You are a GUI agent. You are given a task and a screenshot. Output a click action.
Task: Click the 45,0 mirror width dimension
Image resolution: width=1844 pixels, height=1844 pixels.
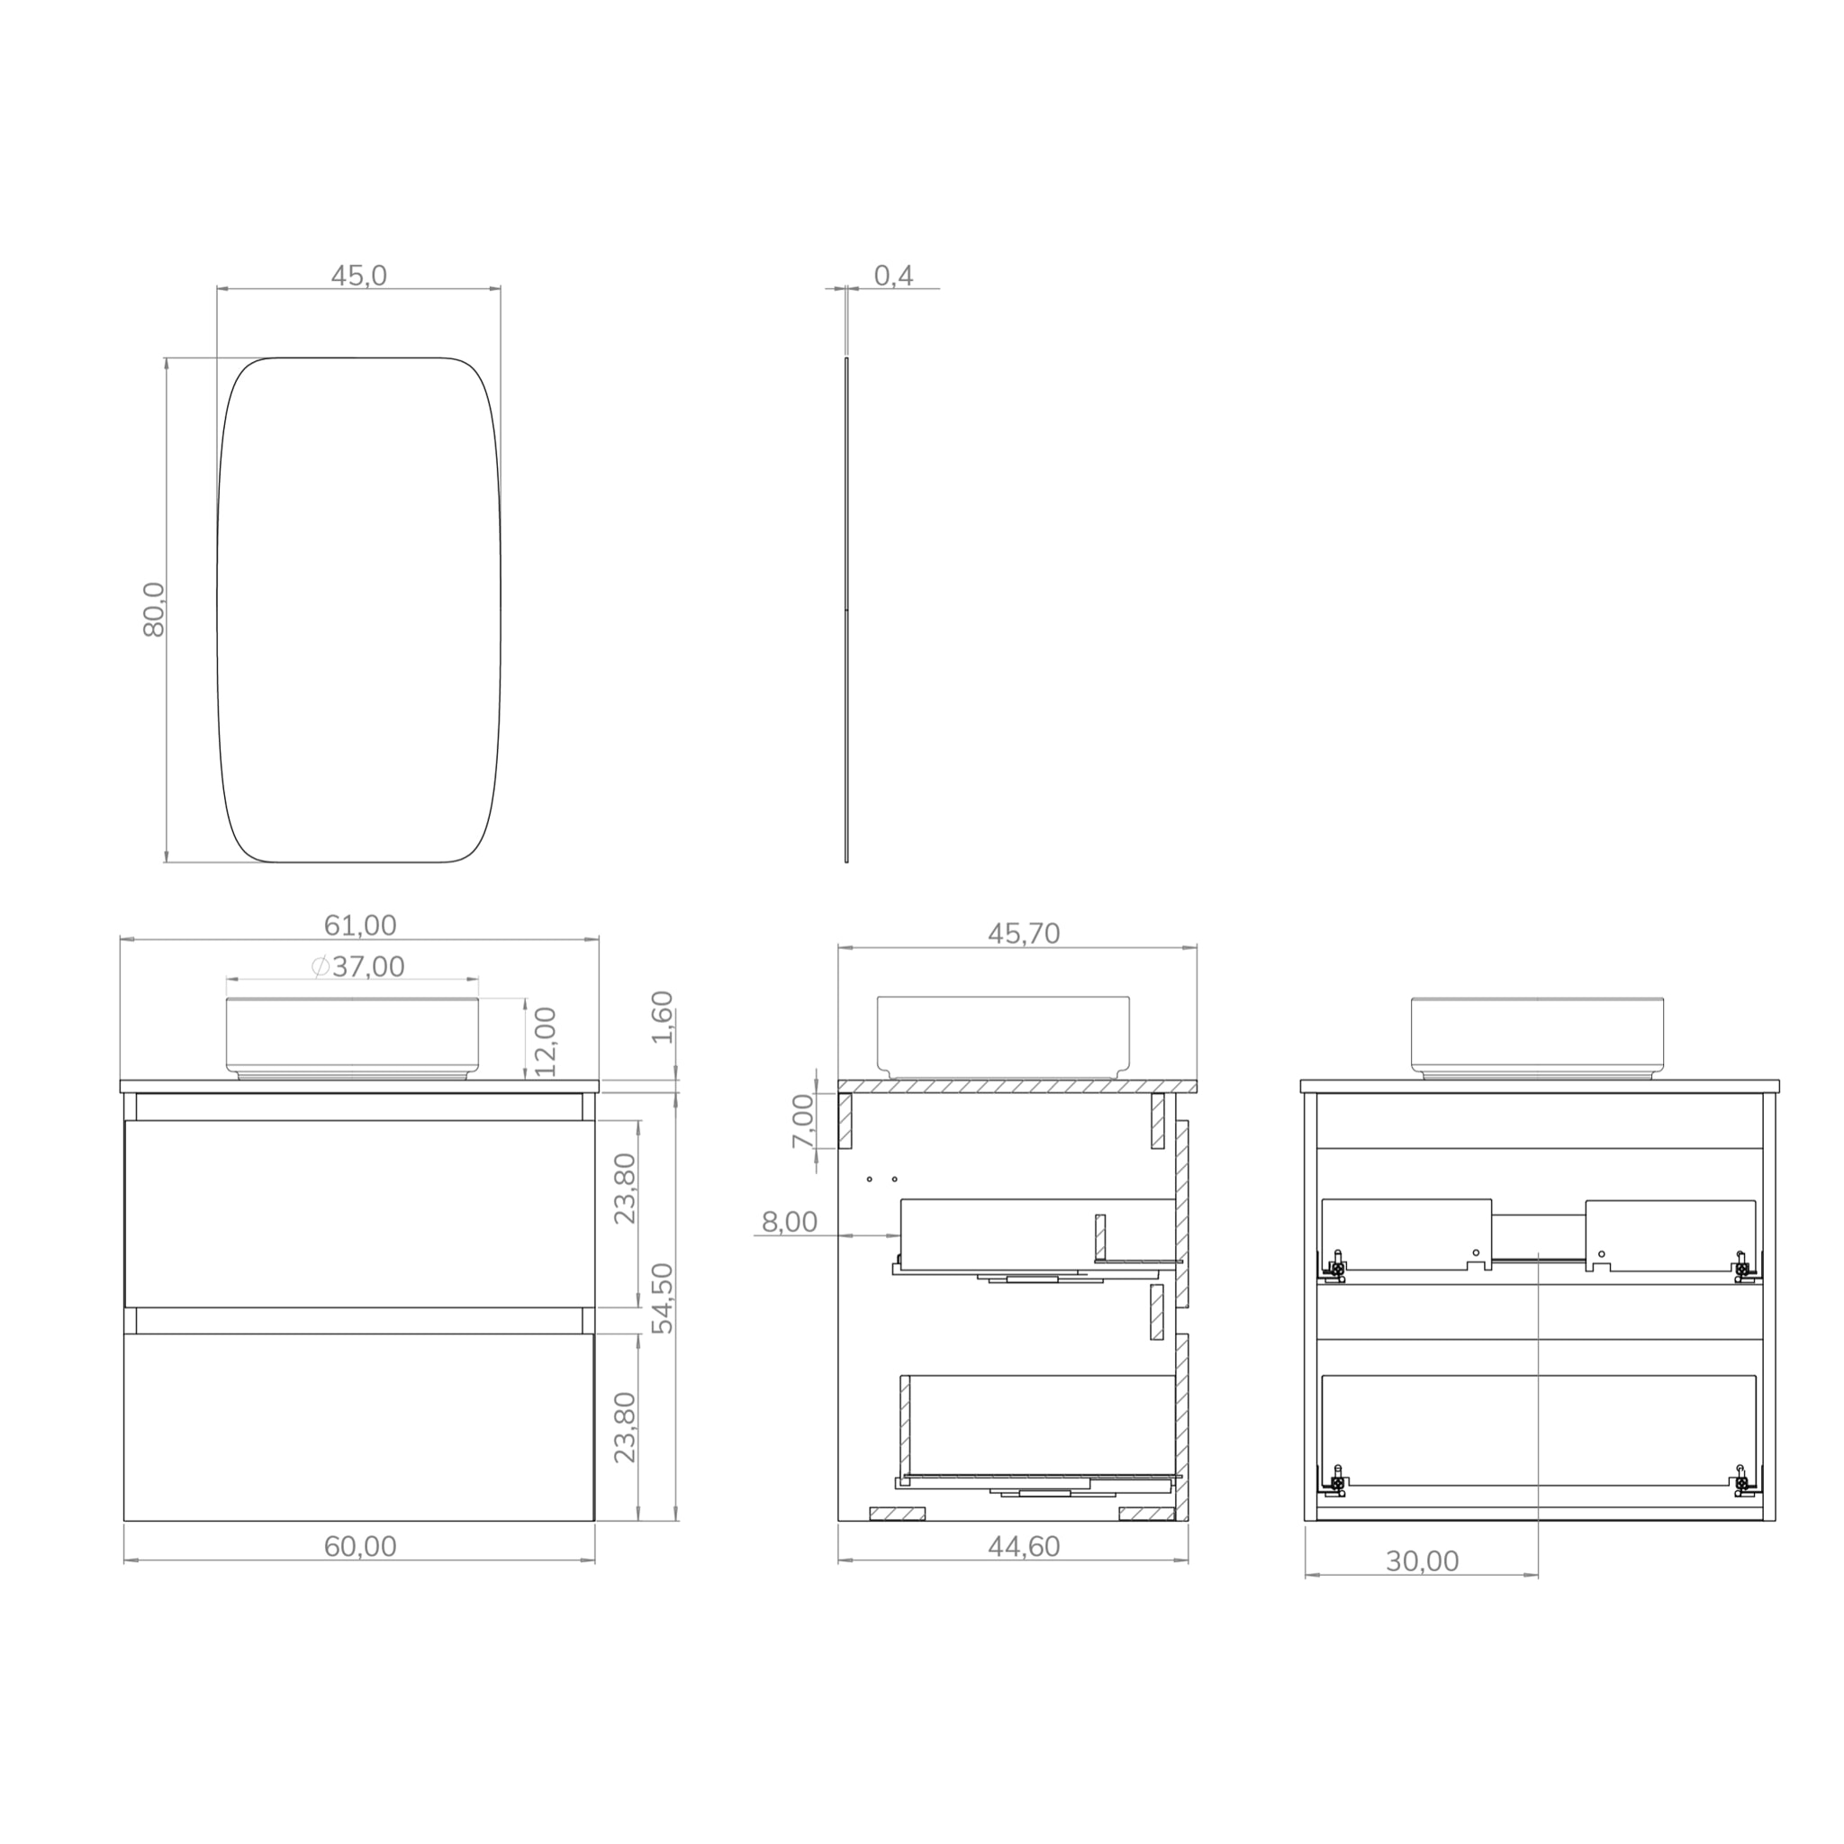pos(359,276)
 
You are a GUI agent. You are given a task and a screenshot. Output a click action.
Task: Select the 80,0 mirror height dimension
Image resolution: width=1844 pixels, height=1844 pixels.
pos(154,609)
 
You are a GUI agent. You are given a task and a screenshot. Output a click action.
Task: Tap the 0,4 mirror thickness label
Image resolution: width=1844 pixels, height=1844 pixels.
pos(893,276)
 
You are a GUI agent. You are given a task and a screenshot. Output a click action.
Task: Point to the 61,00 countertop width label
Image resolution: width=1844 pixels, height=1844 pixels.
pos(360,925)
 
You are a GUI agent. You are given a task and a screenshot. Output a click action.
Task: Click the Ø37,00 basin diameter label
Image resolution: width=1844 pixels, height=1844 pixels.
pos(359,967)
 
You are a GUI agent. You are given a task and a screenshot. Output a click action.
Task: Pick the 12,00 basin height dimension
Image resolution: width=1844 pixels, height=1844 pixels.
pos(546,1042)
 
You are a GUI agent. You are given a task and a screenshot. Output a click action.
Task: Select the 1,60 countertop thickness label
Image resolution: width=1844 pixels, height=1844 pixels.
pos(664,1017)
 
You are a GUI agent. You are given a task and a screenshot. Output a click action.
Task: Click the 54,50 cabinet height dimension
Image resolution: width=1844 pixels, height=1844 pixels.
pos(664,1298)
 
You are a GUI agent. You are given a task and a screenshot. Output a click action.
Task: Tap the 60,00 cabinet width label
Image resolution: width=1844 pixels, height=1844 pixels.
pos(360,1546)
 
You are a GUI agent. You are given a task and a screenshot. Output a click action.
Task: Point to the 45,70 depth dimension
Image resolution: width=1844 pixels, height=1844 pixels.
pos(1023,934)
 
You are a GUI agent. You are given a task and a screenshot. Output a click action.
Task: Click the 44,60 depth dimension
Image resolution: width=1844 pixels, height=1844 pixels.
pos(1023,1546)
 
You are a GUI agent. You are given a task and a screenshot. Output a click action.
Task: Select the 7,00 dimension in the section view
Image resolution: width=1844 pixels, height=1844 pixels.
pos(804,1122)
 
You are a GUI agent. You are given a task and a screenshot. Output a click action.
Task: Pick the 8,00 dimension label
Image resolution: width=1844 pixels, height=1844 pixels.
pos(790,1222)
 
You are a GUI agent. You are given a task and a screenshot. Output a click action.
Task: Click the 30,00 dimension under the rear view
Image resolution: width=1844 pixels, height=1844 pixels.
pos(1422,1561)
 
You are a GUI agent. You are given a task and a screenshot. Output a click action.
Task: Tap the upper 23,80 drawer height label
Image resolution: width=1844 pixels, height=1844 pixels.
pos(625,1189)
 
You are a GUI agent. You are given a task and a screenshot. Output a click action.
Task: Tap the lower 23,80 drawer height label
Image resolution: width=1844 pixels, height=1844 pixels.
pos(625,1428)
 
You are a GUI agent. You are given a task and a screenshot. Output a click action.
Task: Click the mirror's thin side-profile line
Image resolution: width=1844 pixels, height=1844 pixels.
pos(846,610)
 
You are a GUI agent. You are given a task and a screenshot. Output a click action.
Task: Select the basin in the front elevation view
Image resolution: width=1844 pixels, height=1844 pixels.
pos(352,1036)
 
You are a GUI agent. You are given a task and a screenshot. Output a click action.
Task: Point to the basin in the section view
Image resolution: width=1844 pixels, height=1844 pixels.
pos(1003,1036)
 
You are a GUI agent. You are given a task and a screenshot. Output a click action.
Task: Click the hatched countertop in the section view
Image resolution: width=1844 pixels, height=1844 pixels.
pos(1017,1086)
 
